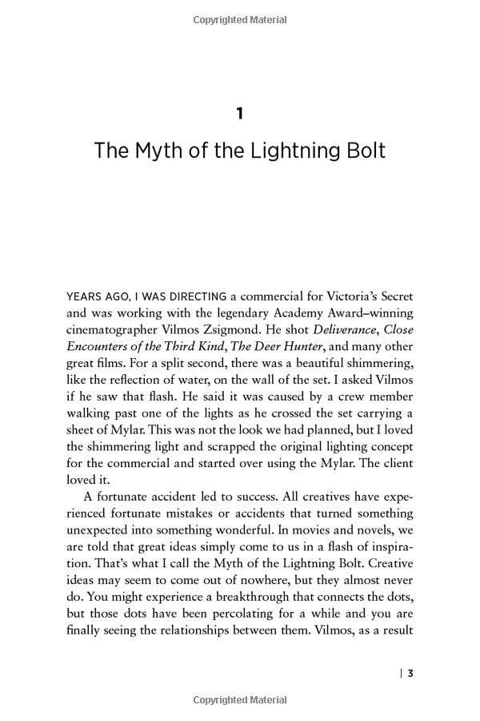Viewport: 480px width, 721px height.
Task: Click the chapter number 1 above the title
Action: [240, 114]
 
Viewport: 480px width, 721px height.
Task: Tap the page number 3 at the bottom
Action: [410, 673]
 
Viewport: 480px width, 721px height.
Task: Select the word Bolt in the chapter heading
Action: [365, 151]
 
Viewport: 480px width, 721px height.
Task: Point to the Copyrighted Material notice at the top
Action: [240, 20]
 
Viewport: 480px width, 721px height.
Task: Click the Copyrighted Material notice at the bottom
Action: [240, 700]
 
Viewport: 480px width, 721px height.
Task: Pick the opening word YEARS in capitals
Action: [84, 296]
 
